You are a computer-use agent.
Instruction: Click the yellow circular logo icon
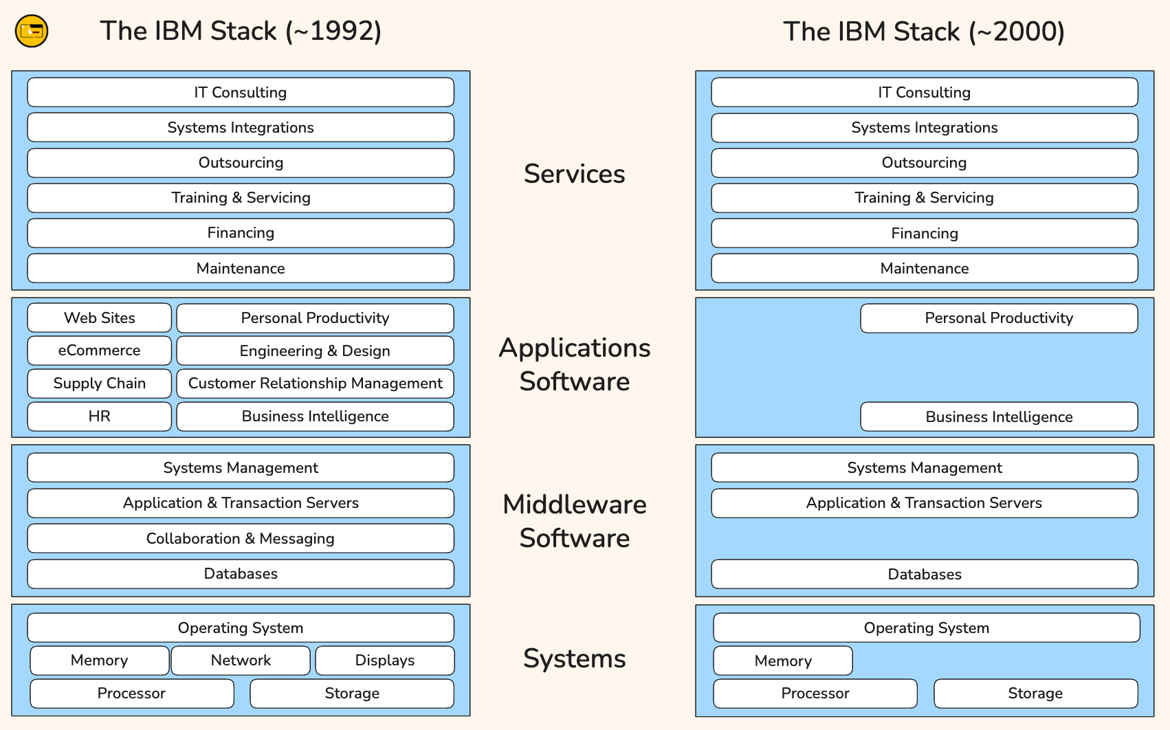(32, 31)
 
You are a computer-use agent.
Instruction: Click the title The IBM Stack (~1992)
(241, 32)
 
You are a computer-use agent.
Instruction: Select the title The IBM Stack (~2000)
(924, 32)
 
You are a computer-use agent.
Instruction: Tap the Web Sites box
(100, 318)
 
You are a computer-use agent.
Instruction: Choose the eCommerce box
(100, 351)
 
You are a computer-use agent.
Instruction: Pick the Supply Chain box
(100, 384)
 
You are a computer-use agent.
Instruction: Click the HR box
(100, 417)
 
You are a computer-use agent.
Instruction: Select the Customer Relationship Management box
(315, 384)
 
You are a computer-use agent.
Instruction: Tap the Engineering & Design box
(315, 351)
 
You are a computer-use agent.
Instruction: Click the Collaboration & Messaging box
(241, 538)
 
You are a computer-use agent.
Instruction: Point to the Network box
(241, 661)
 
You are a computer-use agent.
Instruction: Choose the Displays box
(385, 661)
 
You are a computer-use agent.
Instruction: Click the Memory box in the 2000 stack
(783, 661)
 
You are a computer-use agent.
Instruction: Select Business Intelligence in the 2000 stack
(999, 417)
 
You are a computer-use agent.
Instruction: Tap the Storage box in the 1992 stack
(352, 694)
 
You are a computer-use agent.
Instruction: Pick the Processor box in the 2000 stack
(815, 694)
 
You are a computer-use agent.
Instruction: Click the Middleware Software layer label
(575, 521)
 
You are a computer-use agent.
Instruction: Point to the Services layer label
(575, 174)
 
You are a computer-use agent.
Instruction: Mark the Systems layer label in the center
(575, 659)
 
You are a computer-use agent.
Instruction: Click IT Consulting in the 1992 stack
(241, 92)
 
